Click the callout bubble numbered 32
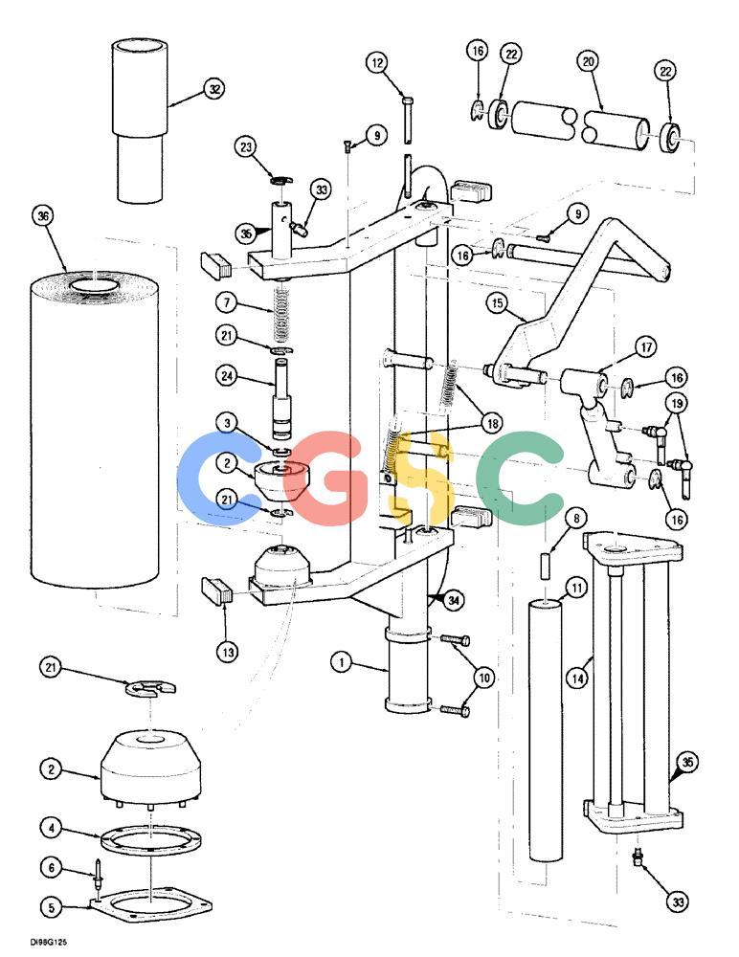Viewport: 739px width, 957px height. (x=214, y=89)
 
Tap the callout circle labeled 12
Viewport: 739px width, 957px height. (x=378, y=62)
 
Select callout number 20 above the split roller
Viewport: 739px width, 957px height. (x=588, y=61)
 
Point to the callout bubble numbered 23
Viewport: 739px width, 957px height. (x=245, y=147)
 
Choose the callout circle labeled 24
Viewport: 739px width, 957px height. (x=227, y=376)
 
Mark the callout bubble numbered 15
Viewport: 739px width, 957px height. (x=498, y=303)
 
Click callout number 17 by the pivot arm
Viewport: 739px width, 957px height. (x=646, y=347)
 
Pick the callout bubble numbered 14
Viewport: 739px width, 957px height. (x=578, y=679)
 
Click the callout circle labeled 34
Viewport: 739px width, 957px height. (x=453, y=601)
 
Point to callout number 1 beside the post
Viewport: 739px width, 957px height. (x=342, y=661)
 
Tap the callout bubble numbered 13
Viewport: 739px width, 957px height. (x=228, y=653)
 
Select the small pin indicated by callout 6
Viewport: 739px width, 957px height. (x=98, y=872)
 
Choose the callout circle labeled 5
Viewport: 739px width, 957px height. (x=52, y=907)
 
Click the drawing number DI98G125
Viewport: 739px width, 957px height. (x=48, y=943)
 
